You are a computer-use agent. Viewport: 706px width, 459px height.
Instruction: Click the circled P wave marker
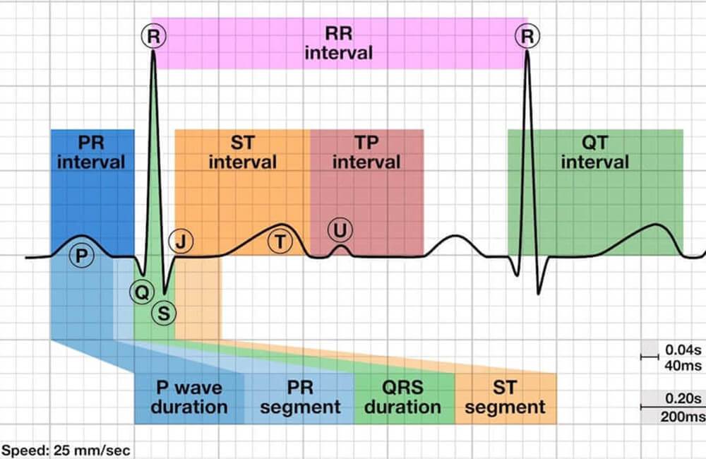pyautogui.click(x=83, y=256)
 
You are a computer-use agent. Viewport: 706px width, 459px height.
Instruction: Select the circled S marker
pyautogui.click(x=164, y=312)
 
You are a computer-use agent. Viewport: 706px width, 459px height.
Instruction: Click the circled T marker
pyautogui.click(x=280, y=241)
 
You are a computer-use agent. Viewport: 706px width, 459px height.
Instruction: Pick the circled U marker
pyautogui.click(x=340, y=229)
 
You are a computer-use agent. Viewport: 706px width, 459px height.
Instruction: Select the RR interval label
pyautogui.click(x=339, y=43)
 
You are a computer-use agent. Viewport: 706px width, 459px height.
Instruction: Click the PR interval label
pyautogui.click(x=91, y=153)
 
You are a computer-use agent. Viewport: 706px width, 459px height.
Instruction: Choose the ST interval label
pyautogui.click(x=242, y=153)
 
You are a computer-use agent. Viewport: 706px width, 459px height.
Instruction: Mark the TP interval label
pyautogui.click(x=366, y=153)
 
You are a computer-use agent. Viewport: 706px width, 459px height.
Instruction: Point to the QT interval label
pyautogui.click(x=594, y=153)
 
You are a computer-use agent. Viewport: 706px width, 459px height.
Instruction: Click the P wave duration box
pyautogui.click(x=189, y=398)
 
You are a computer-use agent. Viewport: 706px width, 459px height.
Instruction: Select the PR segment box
pyautogui.click(x=300, y=398)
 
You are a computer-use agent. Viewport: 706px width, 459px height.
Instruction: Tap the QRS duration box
pyautogui.click(x=405, y=398)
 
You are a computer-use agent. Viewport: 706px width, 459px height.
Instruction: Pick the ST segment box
pyautogui.click(x=505, y=398)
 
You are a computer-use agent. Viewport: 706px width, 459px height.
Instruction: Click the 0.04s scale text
pyautogui.click(x=683, y=350)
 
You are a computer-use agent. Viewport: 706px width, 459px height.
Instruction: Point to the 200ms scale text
pyautogui.click(x=681, y=417)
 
